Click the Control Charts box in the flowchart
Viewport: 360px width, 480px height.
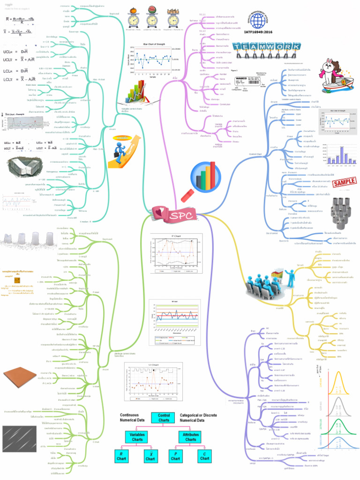pyautogui.click(x=164, y=418)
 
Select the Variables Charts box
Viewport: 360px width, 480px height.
pyautogui.click(x=137, y=437)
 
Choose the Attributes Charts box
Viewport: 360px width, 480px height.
pyautogui.click(x=191, y=437)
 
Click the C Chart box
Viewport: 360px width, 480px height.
pyautogui.click(x=204, y=457)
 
